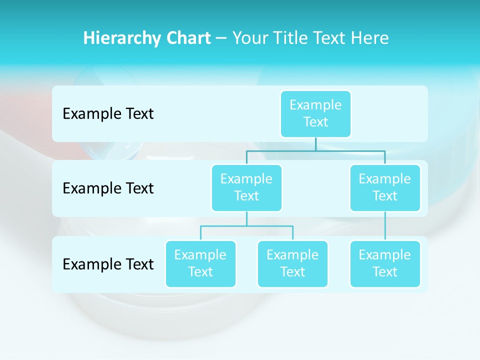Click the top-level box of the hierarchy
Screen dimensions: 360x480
[x=315, y=113]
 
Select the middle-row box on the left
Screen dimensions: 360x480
[x=246, y=187]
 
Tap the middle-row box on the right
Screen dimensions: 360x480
[x=385, y=187]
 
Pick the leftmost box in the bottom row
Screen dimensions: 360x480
[x=200, y=263]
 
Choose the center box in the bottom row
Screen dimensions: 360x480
[x=292, y=263]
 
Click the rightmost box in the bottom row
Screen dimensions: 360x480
[x=385, y=263]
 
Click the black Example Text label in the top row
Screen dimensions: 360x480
[x=108, y=114]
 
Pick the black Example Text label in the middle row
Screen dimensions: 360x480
[x=108, y=188]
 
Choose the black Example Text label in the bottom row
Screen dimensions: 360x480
[x=108, y=264]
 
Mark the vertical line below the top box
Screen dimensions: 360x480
[x=315, y=143]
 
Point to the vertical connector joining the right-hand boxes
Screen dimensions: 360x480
[x=385, y=226]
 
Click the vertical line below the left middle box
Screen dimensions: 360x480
[x=246, y=218]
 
